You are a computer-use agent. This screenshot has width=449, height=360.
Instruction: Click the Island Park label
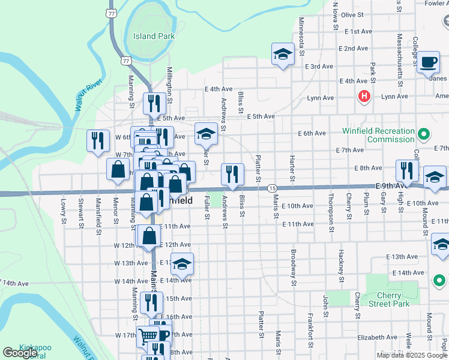tap(154, 36)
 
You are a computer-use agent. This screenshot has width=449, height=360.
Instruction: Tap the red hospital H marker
tap(363, 97)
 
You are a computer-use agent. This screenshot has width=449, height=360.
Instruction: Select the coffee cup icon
tap(429, 62)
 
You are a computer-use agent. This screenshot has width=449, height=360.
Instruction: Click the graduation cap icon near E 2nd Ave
tap(283, 54)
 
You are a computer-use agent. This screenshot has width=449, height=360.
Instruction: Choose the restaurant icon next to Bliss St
tap(232, 174)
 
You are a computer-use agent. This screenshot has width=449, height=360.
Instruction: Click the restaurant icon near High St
tap(407, 170)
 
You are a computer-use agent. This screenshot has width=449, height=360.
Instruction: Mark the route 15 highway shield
tap(272, 188)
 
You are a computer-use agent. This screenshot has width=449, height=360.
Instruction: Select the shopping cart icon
tap(147, 335)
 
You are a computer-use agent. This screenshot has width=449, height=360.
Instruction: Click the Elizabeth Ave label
tap(378, 337)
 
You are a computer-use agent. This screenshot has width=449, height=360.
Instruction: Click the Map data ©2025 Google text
tap(411, 355)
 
